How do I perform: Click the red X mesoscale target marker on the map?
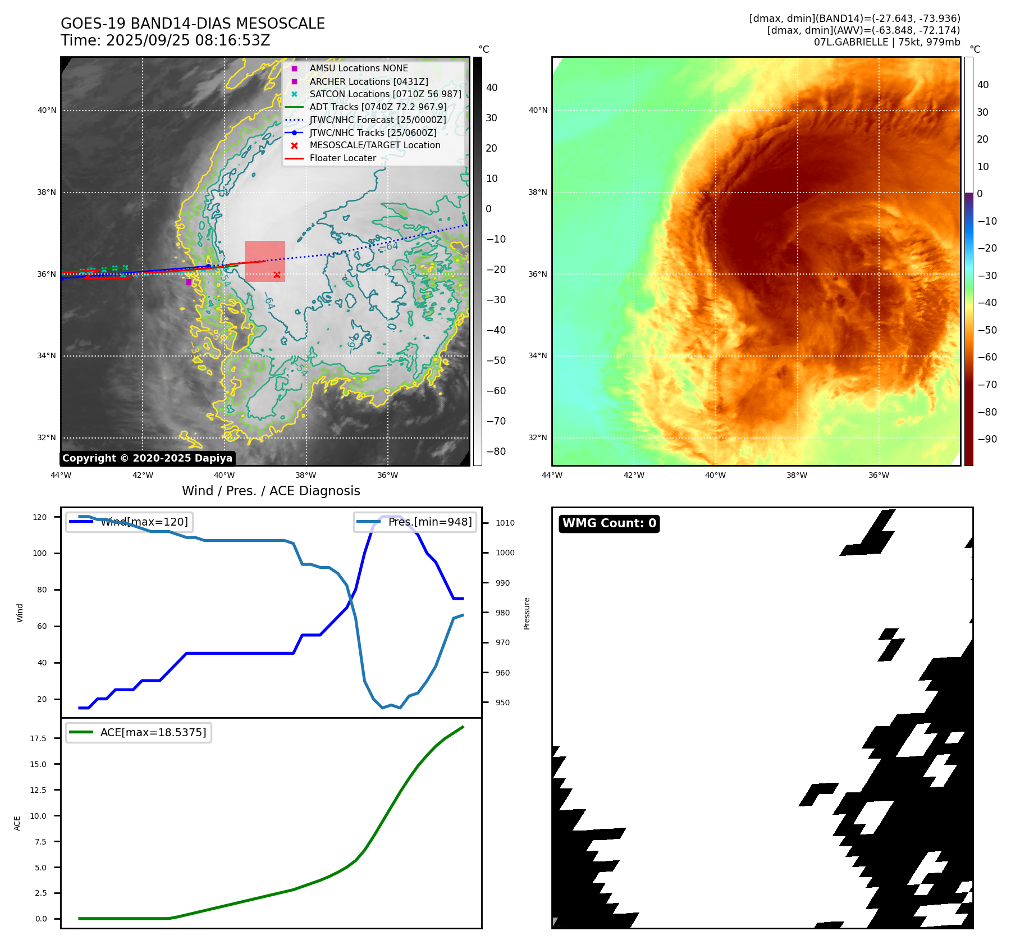click(x=277, y=275)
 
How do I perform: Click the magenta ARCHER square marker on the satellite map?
click(x=189, y=282)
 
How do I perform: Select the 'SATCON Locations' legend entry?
click(x=385, y=94)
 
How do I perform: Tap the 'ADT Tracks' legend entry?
click(x=378, y=107)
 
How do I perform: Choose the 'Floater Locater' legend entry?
click(x=342, y=158)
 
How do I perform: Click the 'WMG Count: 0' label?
click(x=609, y=523)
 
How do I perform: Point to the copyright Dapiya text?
click(x=147, y=458)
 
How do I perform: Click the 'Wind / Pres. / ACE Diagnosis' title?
click(x=271, y=491)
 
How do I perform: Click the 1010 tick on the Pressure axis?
click(x=505, y=523)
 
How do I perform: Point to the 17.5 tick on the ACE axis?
click(x=39, y=738)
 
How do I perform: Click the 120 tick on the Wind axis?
click(x=40, y=517)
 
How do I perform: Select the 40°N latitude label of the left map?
click(x=47, y=111)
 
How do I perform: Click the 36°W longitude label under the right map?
click(x=879, y=476)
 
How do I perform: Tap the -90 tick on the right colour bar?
click(x=987, y=439)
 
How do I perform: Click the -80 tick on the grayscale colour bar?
click(x=496, y=451)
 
